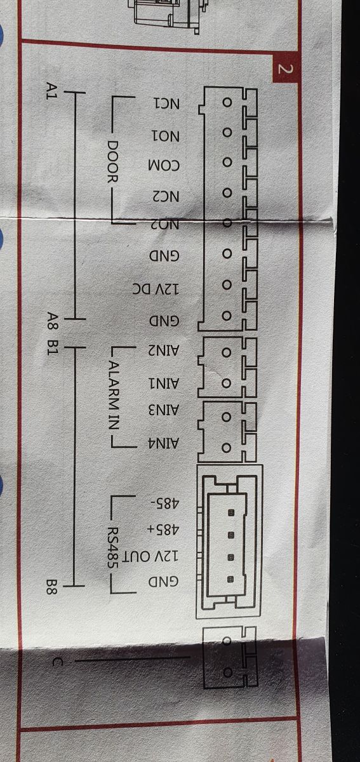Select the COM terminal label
pos(164,166)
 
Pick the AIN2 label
pos(163,351)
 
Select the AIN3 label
pos(163,411)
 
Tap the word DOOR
pos(112,161)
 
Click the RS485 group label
pos(112,547)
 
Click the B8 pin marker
pos(52,587)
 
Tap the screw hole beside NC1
pos(227,102)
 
